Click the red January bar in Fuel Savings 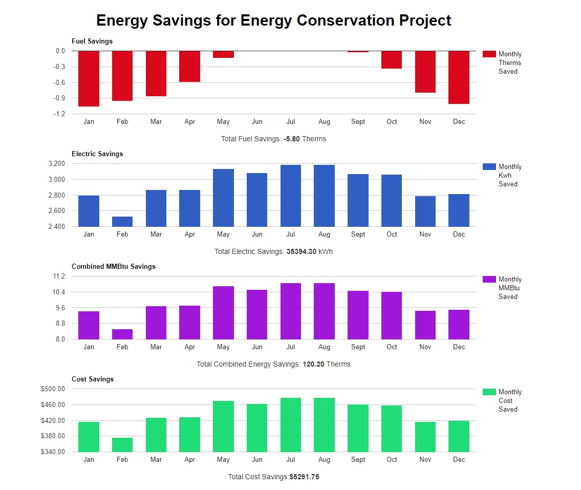tap(89, 78)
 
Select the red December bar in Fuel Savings tap(459, 77)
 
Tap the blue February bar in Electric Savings tap(122, 221)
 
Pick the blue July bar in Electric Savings tap(291, 196)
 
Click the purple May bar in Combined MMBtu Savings tap(223, 312)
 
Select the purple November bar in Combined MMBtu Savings tap(425, 325)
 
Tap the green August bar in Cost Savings tap(324, 424)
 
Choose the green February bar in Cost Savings tap(122, 444)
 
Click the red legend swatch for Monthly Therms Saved tap(489, 54)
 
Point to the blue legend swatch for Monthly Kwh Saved tap(489, 167)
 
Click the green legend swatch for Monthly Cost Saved tap(489, 392)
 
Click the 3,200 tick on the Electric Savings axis tap(56, 164)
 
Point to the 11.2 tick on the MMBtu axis tap(59, 276)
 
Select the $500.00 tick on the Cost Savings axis tap(53, 389)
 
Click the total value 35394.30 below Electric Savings tap(302, 251)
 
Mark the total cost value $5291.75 tap(304, 477)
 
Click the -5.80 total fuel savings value tap(292, 139)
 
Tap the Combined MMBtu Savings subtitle tap(114, 266)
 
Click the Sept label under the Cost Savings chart tap(358, 459)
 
